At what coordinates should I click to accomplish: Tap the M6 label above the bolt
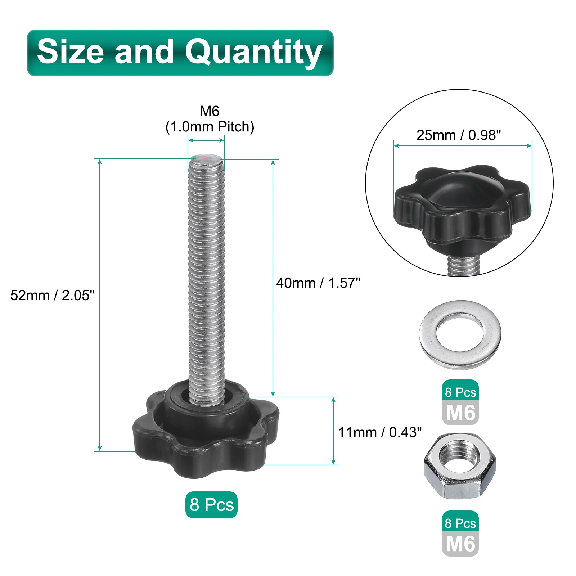(x=210, y=111)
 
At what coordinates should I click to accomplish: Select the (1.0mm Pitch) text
(x=210, y=127)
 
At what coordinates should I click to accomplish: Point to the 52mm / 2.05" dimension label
(x=52, y=295)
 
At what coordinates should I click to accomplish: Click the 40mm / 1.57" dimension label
(x=318, y=283)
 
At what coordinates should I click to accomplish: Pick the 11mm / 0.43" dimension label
(x=380, y=432)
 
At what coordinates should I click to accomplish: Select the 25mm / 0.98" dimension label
(x=459, y=135)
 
